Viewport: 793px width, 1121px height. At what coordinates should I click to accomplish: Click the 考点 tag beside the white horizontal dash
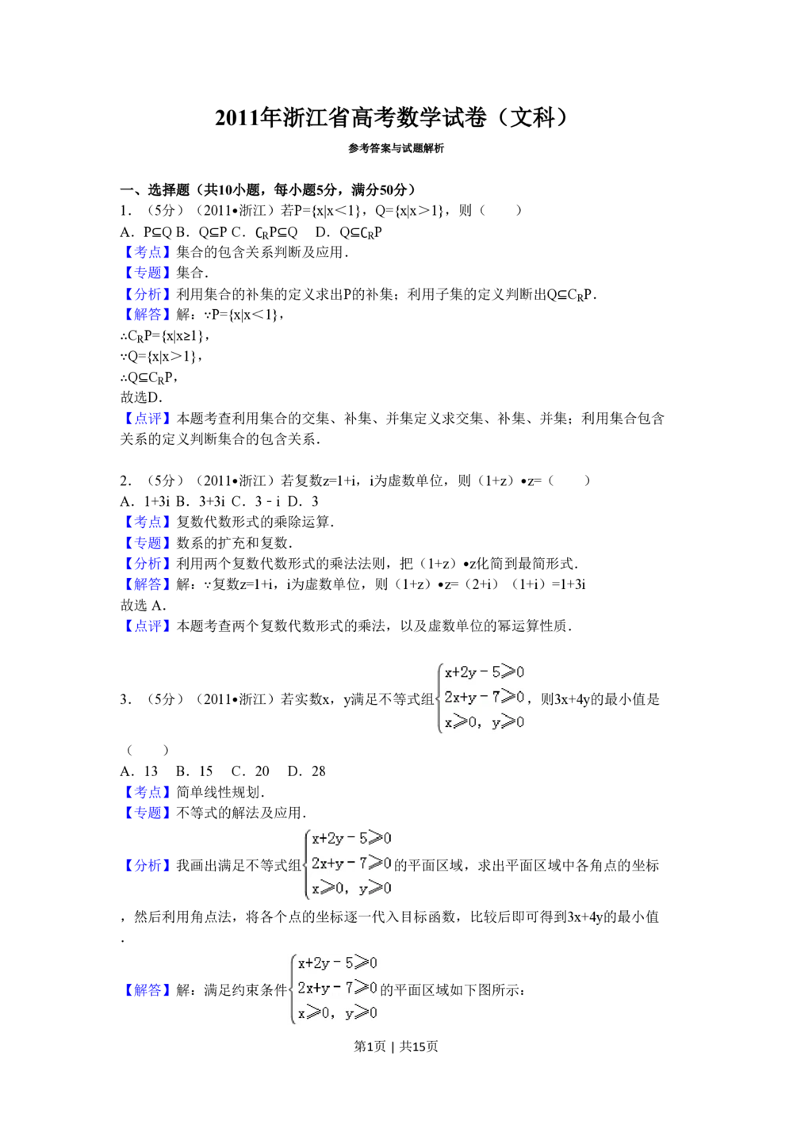(x=147, y=252)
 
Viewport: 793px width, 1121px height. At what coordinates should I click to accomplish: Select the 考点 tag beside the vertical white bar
(x=147, y=522)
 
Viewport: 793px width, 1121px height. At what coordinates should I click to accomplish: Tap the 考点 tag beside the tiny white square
(x=147, y=792)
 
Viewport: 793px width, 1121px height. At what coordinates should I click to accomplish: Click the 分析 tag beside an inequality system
(x=147, y=865)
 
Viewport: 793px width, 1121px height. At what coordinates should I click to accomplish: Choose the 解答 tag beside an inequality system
(x=147, y=991)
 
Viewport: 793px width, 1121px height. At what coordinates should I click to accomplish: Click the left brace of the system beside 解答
(x=292, y=989)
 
